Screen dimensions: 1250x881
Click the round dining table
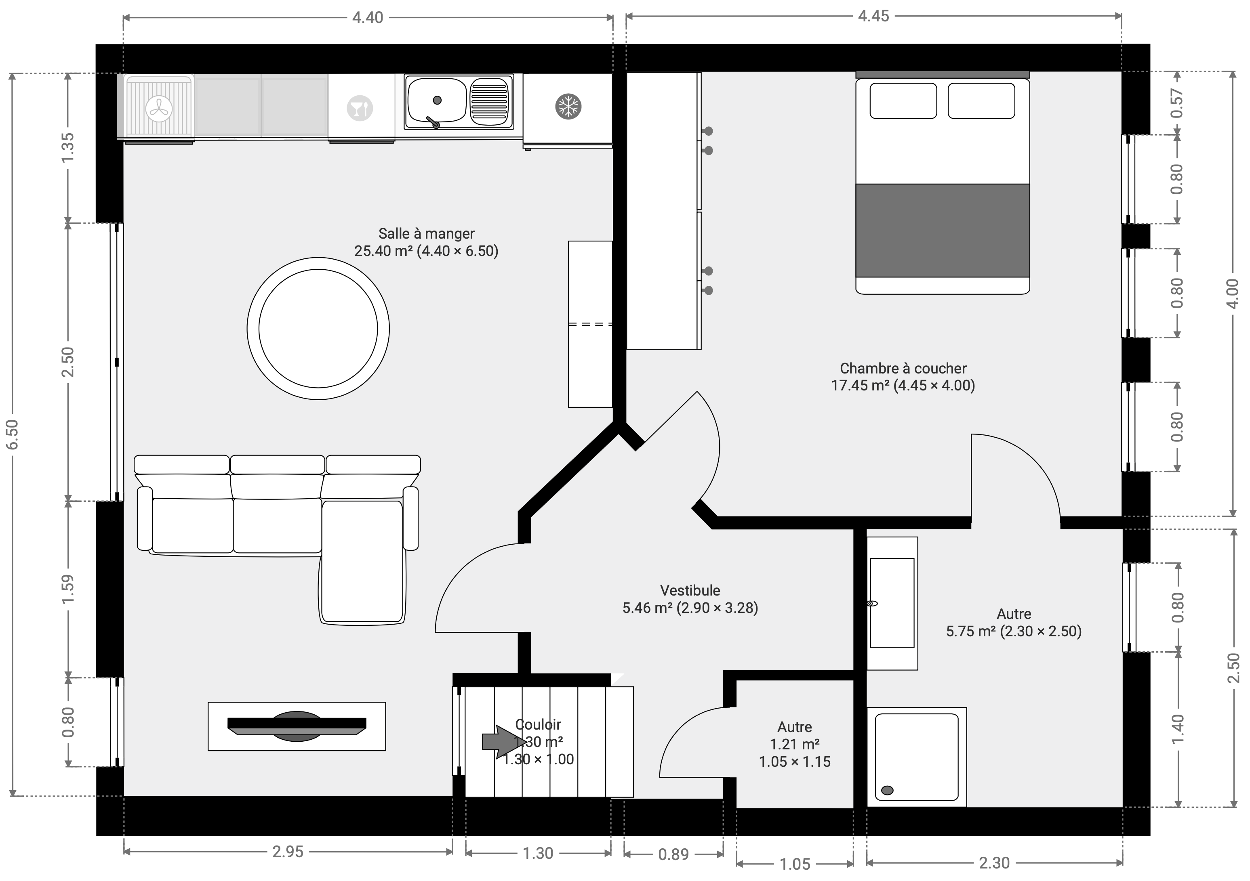[318, 329]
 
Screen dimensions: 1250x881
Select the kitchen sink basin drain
[437, 100]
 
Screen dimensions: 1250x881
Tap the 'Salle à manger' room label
[426, 233]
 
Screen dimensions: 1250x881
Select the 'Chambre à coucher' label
[903, 368]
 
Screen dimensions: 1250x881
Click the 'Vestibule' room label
[690, 590]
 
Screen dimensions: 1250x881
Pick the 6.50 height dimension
[12, 435]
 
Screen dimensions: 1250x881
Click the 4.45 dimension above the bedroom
[873, 16]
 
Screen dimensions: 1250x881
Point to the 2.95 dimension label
[288, 852]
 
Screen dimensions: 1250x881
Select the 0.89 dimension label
[673, 854]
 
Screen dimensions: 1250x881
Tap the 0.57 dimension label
[1177, 103]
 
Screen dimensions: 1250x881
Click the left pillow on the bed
[903, 101]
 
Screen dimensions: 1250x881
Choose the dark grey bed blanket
[943, 231]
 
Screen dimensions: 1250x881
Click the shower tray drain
[888, 790]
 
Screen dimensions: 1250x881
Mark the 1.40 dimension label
[1177, 729]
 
